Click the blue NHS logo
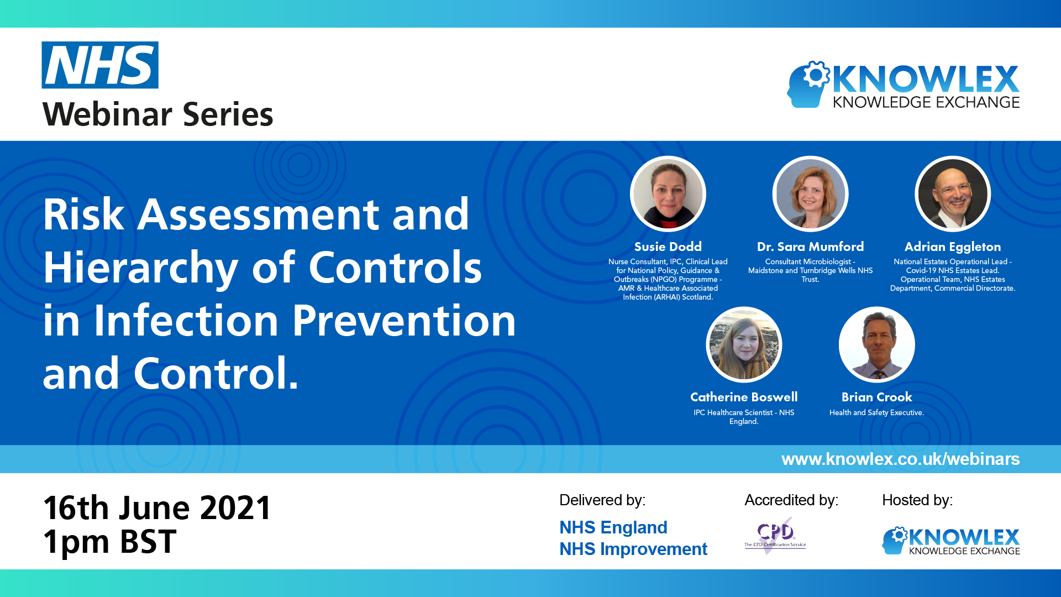tap(100, 65)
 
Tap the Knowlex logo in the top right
tap(903, 85)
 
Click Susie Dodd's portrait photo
tap(668, 194)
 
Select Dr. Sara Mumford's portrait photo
tap(810, 194)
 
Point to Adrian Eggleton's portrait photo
tap(953, 194)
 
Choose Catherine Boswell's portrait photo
tap(744, 345)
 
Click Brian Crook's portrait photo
tap(876, 345)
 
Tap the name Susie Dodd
tap(668, 247)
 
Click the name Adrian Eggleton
tap(953, 247)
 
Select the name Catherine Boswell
tap(744, 397)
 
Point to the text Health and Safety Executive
tap(876, 412)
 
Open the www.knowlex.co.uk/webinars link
tap(900, 459)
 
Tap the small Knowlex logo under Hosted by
tap(950, 541)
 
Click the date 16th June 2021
tap(157, 507)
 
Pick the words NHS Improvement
tap(633, 549)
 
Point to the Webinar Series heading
tap(157, 114)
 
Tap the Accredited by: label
tap(791, 500)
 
